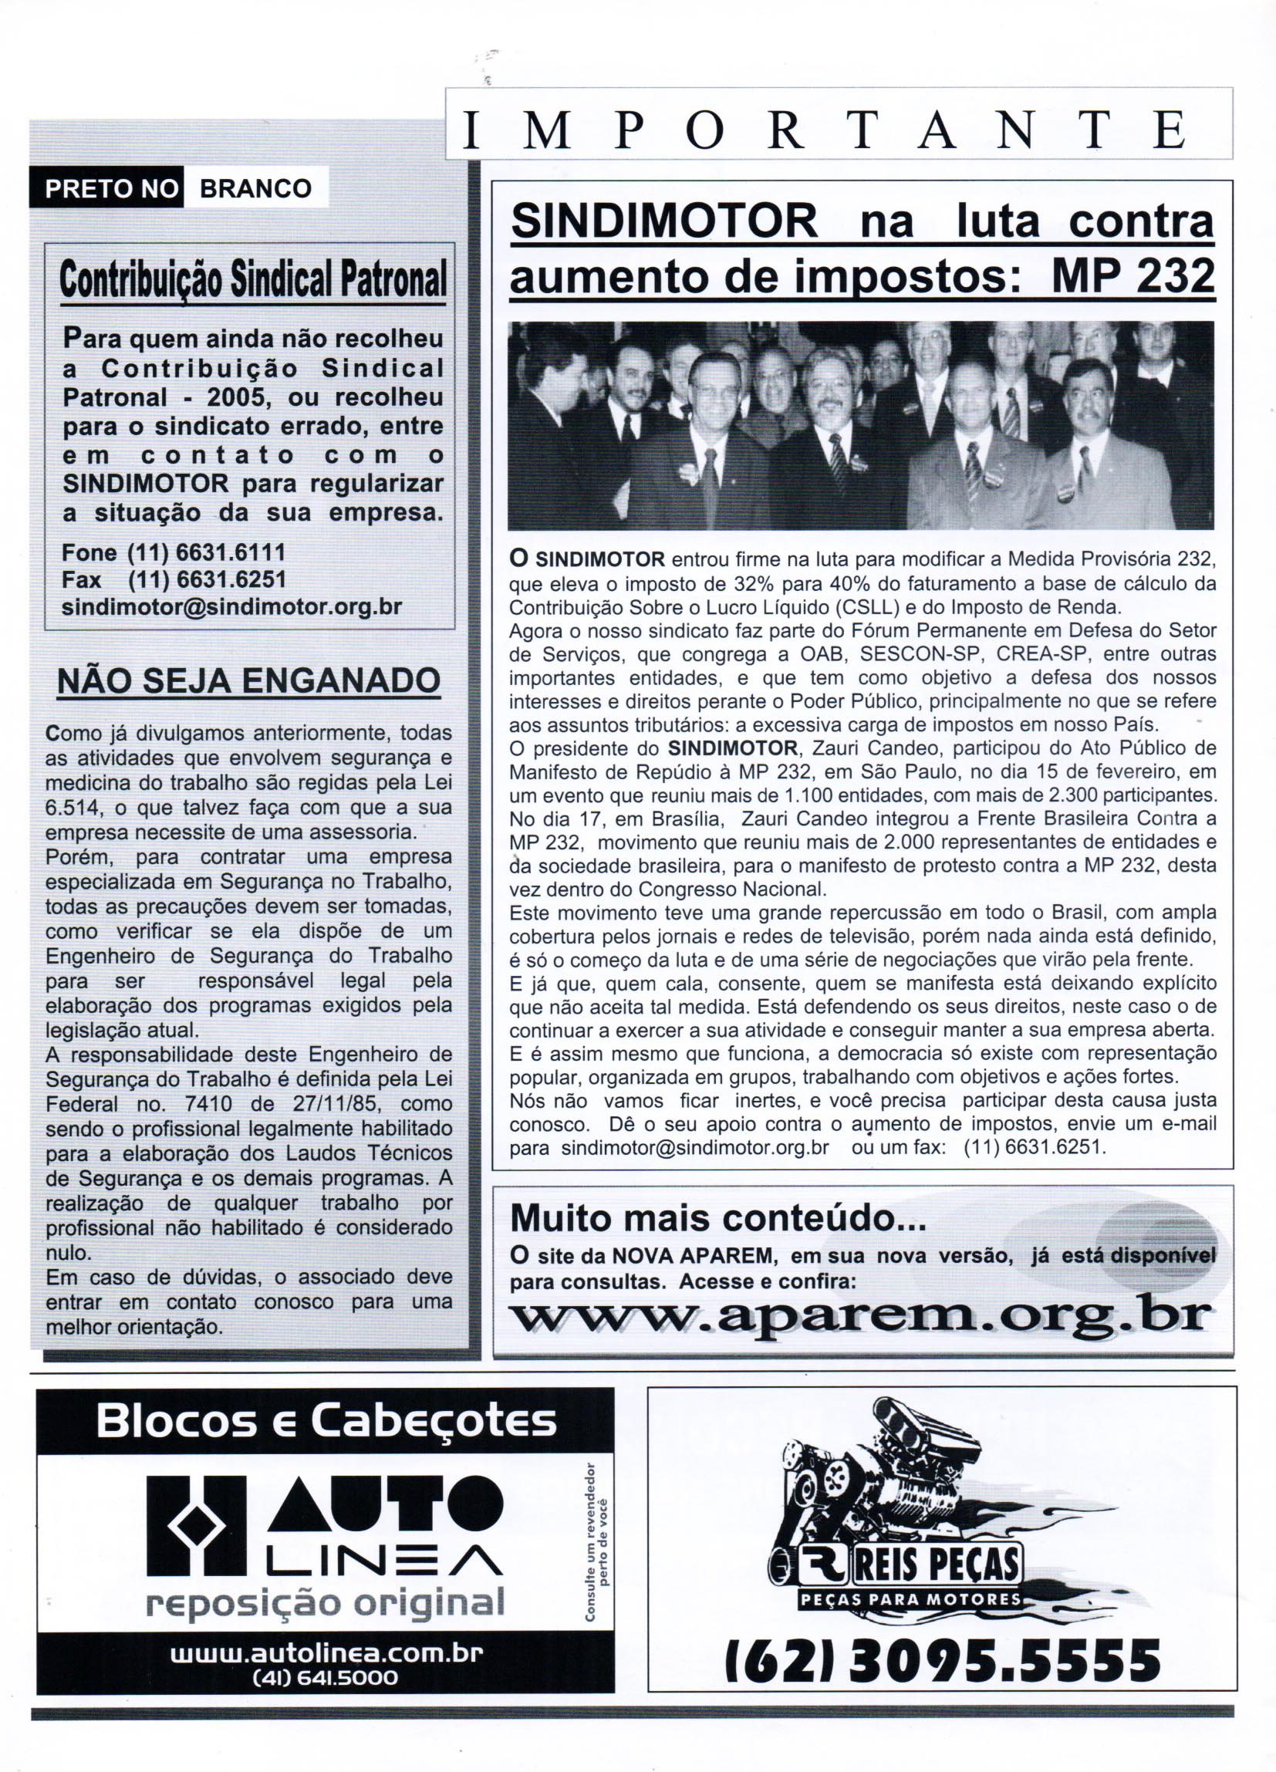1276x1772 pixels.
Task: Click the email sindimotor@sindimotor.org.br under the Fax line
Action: click(x=231, y=606)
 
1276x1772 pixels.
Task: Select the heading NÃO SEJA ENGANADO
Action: click(x=248, y=680)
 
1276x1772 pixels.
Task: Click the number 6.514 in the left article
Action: click(x=70, y=807)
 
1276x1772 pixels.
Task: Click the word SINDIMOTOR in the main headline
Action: click(x=663, y=224)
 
